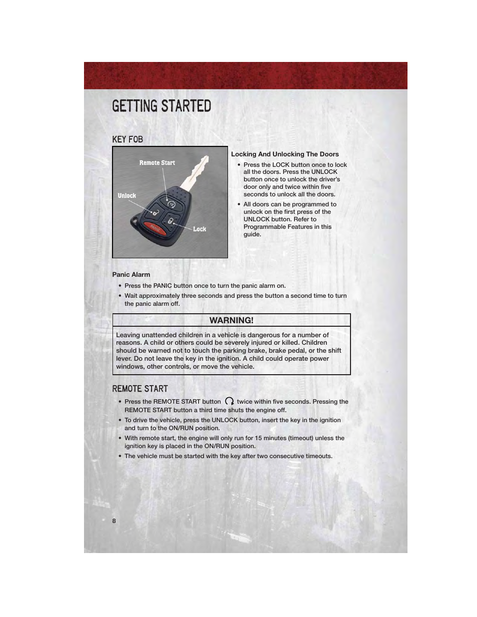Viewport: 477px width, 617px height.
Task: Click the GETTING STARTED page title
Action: [x=161, y=106]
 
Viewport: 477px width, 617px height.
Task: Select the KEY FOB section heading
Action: [x=127, y=139]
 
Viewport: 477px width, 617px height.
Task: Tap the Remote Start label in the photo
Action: [x=157, y=163]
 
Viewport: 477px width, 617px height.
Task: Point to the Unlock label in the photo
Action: [x=126, y=196]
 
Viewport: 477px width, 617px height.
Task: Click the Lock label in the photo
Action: [x=199, y=229]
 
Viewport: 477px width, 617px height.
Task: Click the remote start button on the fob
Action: [x=171, y=204]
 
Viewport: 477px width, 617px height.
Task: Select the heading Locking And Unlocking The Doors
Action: [x=284, y=154]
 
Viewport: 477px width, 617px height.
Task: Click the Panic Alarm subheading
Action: [x=131, y=275]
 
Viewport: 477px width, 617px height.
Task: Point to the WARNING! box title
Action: [x=231, y=320]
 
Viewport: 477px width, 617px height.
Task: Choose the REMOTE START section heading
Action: [x=140, y=389]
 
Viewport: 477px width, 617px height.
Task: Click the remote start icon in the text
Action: [x=229, y=401]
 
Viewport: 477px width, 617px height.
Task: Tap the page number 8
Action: [x=114, y=521]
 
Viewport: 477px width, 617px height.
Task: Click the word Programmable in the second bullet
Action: [x=263, y=227]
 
